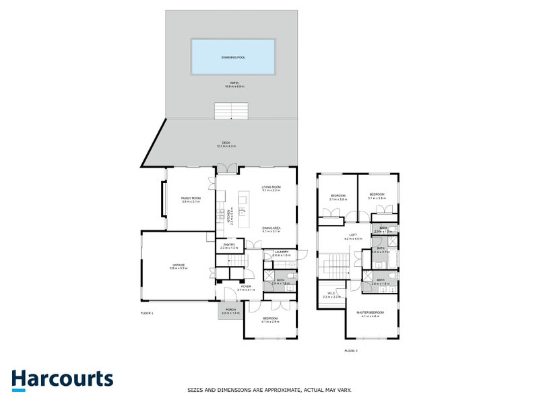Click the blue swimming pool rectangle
pyautogui.click(x=233, y=58)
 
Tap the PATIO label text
pyautogui.click(x=234, y=84)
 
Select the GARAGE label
pyautogui.click(x=178, y=266)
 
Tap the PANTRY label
pyautogui.click(x=230, y=246)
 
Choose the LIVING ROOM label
pyautogui.click(x=271, y=188)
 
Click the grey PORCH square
pyautogui.click(x=230, y=311)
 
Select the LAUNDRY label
pyautogui.click(x=281, y=252)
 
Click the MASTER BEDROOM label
pyautogui.click(x=372, y=313)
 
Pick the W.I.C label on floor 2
pyautogui.click(x=331, y=294)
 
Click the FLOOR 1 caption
pyautogui.click(x=147, y=314)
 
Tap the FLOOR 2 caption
pyautogui.click(x=350, y=351)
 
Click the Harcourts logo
pyautogui.click(x=62, y=378)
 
